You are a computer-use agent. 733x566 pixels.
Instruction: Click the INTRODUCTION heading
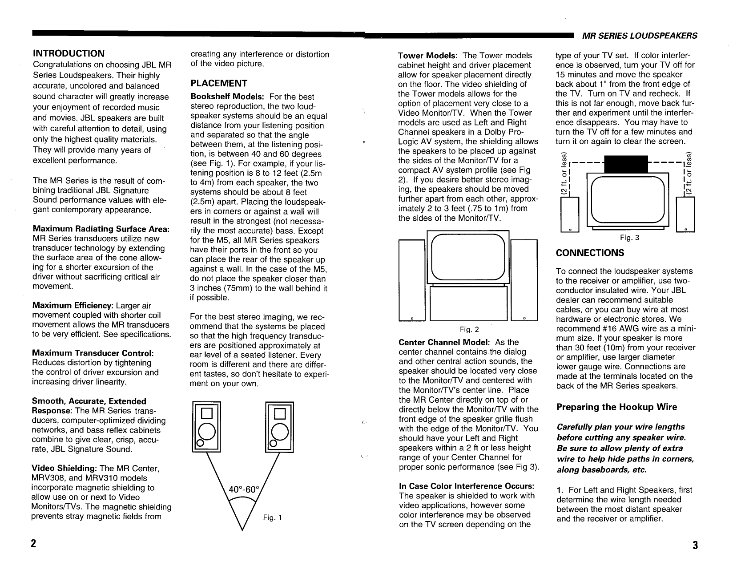(69, 53)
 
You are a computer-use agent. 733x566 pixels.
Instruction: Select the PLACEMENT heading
(218, 83)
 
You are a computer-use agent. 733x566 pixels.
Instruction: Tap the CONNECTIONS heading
(590, 253)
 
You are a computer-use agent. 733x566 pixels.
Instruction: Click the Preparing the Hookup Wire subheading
(616, 407)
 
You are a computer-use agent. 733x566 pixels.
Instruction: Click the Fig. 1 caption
(273, 517)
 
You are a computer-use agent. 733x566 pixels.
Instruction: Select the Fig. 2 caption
(469, 330)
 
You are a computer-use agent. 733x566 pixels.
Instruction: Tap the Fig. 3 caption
(629, 238)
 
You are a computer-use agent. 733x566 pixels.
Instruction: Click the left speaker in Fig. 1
(206, 426)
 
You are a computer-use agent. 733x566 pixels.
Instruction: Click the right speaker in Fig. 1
(279, 426)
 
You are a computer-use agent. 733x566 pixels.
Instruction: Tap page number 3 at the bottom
(695, 546)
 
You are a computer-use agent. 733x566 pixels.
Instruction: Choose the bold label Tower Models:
(427, 56)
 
